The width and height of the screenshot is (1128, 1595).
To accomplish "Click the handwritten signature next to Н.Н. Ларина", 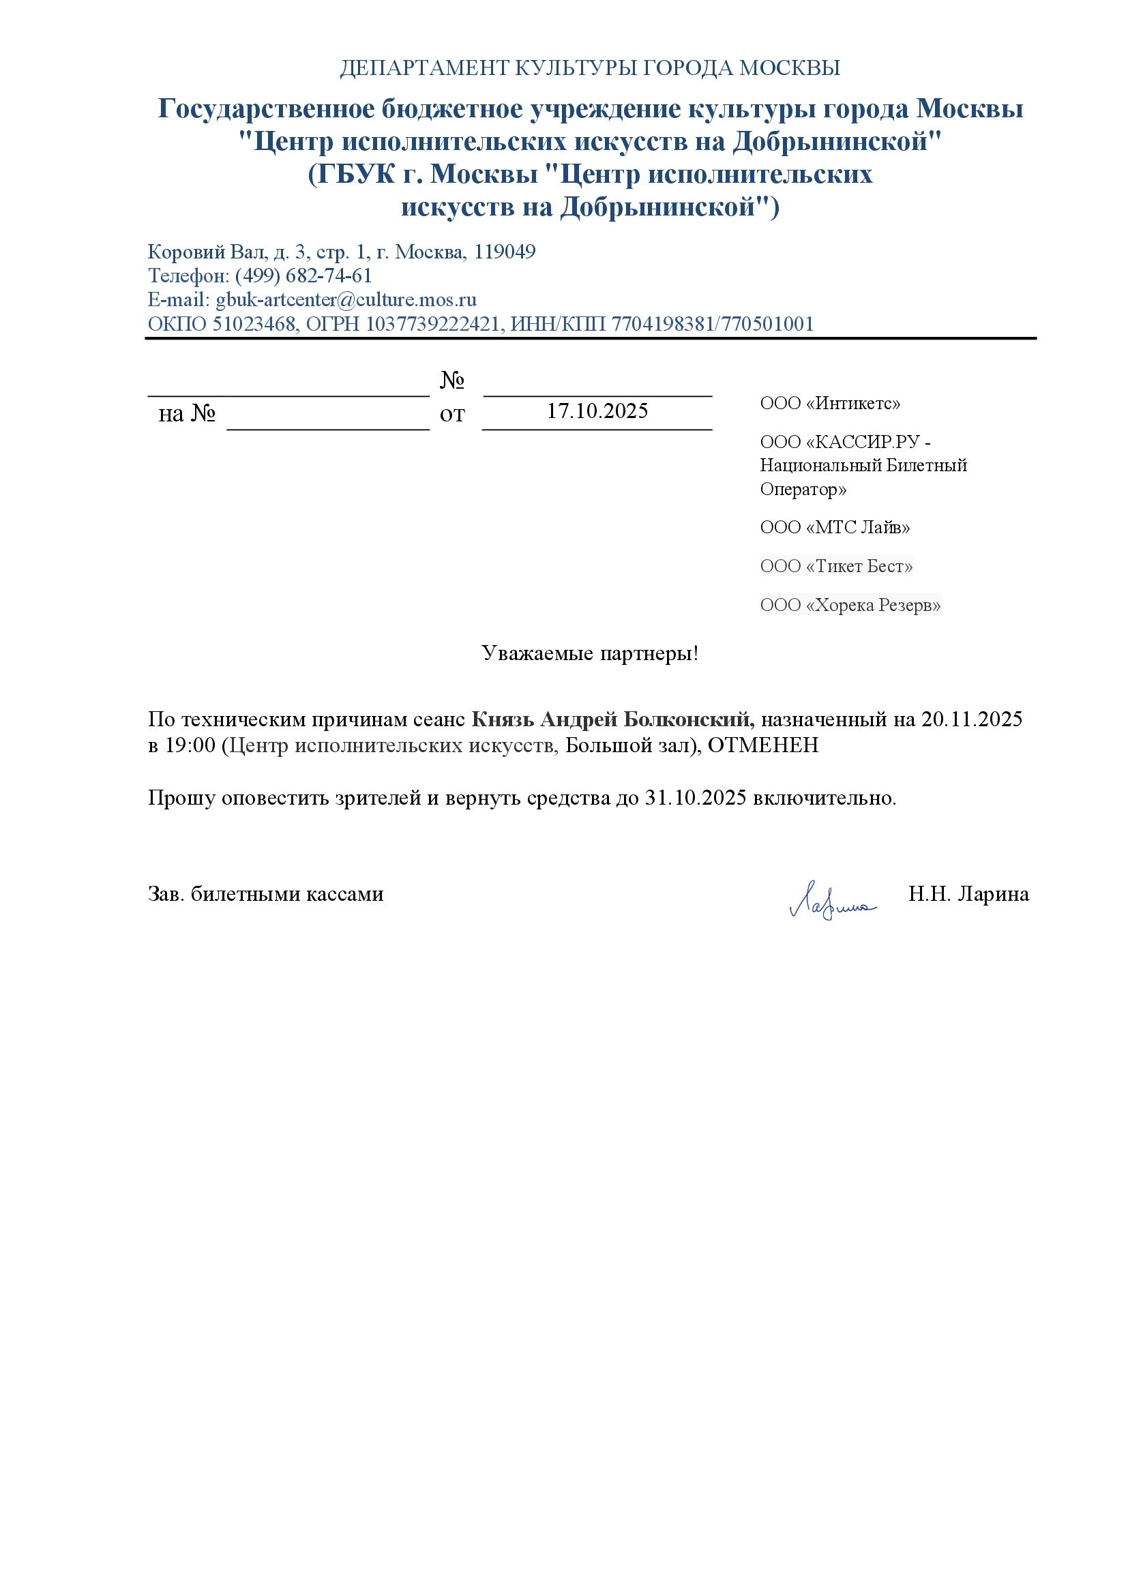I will pos(831,901).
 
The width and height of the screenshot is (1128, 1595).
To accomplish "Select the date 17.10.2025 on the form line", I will pos(597,411).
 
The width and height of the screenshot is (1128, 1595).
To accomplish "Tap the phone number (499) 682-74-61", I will pos(303,275).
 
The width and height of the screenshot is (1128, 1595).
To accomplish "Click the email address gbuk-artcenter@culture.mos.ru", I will pos(346,300).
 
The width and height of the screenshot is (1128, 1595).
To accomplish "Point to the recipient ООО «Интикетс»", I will pos(830,404).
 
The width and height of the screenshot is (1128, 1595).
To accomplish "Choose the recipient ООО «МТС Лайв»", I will pos(835,527).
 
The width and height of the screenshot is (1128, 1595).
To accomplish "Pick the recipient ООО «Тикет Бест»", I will pos(836,566).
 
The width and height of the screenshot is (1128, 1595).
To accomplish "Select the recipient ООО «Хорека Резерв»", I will pos(850,605).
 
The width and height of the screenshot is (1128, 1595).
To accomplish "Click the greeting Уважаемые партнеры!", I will pos(590,654).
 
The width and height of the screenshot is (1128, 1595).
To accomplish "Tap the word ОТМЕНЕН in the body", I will pos(762,745).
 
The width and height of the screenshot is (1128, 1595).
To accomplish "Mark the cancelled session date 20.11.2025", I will pos(972,719).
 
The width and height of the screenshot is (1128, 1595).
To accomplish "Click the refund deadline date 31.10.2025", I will pos(696,799).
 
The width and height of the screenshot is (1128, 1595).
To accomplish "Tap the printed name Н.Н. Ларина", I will pos(968,894).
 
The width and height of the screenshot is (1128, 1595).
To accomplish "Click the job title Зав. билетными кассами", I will pos(265,894).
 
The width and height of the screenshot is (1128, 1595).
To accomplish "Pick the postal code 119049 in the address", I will pos(505,252).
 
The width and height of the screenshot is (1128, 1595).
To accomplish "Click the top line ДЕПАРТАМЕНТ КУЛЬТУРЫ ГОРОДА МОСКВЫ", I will pos(590,68).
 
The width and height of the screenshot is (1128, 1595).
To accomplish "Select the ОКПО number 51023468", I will pos(254,325).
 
